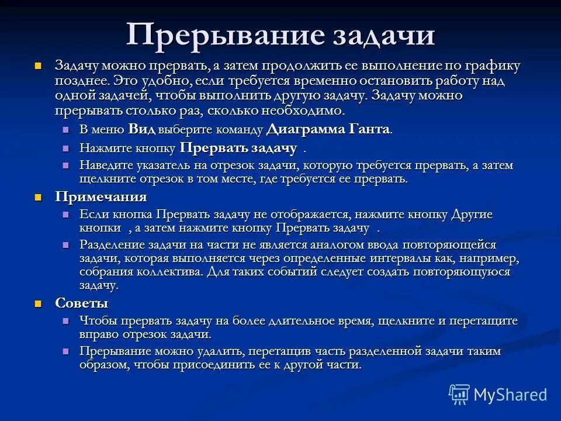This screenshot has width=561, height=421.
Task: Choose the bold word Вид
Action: point(141,129)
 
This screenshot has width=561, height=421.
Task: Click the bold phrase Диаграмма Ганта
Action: point(328,129)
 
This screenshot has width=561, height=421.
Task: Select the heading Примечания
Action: point(101,196)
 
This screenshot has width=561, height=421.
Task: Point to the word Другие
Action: point(472,215)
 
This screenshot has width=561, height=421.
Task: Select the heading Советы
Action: point(81,303)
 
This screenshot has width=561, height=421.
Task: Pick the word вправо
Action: point(99,334)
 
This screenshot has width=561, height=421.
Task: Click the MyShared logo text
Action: point(510,395)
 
